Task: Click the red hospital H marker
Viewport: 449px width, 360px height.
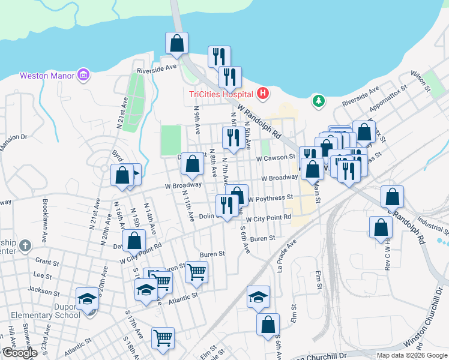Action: click(262, 94)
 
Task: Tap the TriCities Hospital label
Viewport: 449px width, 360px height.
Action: click(220, 94)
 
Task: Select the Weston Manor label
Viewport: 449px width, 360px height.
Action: click(47, 76)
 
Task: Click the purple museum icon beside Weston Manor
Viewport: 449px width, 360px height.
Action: click(83, 76)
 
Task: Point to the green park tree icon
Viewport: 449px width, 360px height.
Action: click(318, 101)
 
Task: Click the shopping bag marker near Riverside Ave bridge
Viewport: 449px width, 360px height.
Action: click(177, 43)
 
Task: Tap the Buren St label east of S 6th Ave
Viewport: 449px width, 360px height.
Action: click(262, 238)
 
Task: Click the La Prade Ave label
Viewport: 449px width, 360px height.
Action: click(287, 257)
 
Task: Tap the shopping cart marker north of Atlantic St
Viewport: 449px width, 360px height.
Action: click(196, 272)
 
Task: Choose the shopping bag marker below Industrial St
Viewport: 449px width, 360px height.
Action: click(381, 227)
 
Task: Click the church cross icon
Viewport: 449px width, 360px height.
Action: click(25, 245)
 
